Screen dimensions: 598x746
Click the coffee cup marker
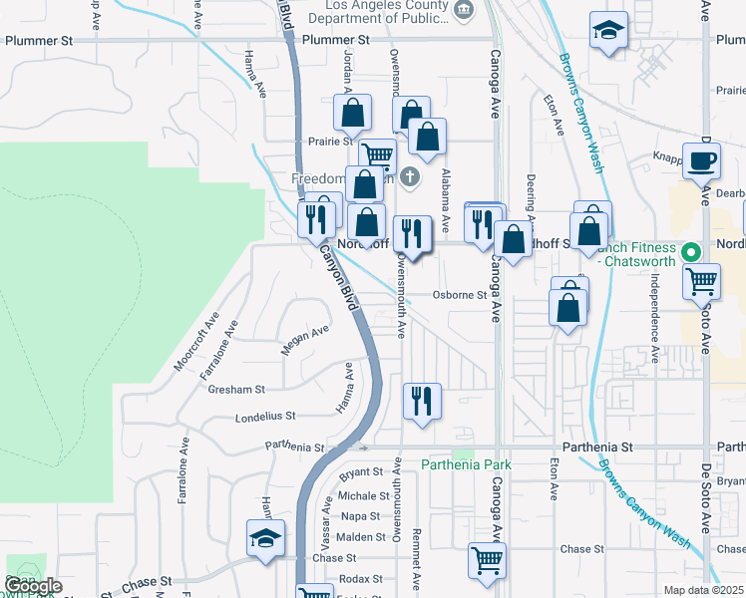point(701,160)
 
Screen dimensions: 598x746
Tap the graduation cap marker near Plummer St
point(606,31)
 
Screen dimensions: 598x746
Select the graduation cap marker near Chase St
point(266,540)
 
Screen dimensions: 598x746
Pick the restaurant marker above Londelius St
point(421,402)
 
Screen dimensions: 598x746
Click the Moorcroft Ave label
point(195,345)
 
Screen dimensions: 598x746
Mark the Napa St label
point(359,516)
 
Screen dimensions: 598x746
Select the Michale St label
point(362,495)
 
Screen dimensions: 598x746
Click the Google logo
point(33,586)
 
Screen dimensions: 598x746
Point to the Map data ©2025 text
point(702,590)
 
